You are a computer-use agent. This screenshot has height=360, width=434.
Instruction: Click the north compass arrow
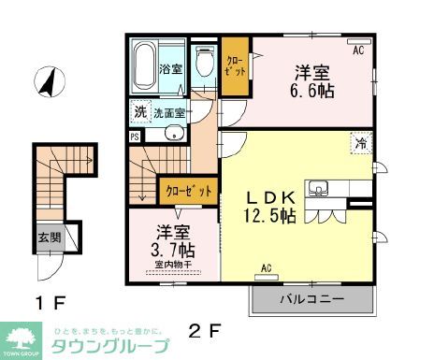pyautogui.click(x=43, y=83)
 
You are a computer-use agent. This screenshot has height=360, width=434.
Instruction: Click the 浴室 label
pyautogui.click(x=169, y=68)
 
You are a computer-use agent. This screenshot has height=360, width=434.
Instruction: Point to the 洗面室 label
pyautogui.click(x=168, y=112)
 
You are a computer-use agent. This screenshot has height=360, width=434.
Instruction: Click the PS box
pyautogui.click(x=135, y=136)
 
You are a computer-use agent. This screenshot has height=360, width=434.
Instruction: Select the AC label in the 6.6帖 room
pyautogui.click(x=357, y=51)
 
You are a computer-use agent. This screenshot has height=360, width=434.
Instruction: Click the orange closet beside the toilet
pyautogui.click(x=235, y=66)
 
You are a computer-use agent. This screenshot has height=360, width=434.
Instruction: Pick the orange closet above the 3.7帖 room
pyautogui.click(x=190, y=190)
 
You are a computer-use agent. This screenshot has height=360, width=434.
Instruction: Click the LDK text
pyautogui.click(x=271, y=197)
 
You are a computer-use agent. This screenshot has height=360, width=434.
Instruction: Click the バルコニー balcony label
pyautogui.click(x=312, y=299)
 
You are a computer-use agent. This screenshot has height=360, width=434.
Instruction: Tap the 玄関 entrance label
pyautogui.click(x=51, y=238)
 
